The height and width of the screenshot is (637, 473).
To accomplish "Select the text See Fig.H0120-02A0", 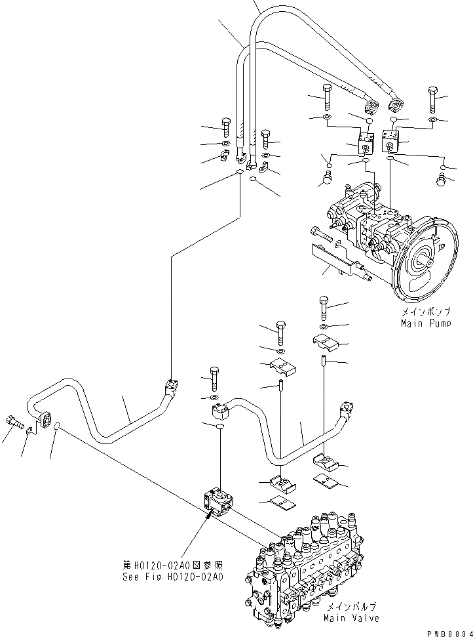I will tap(173, 577).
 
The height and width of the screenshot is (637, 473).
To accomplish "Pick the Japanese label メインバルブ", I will tap(351, 608).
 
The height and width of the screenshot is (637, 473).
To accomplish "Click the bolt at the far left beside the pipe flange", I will tap(14, 421).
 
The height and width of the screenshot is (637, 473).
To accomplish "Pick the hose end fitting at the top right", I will tap(396, 104).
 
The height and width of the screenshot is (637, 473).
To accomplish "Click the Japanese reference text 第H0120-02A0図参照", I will tap(173, 565).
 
